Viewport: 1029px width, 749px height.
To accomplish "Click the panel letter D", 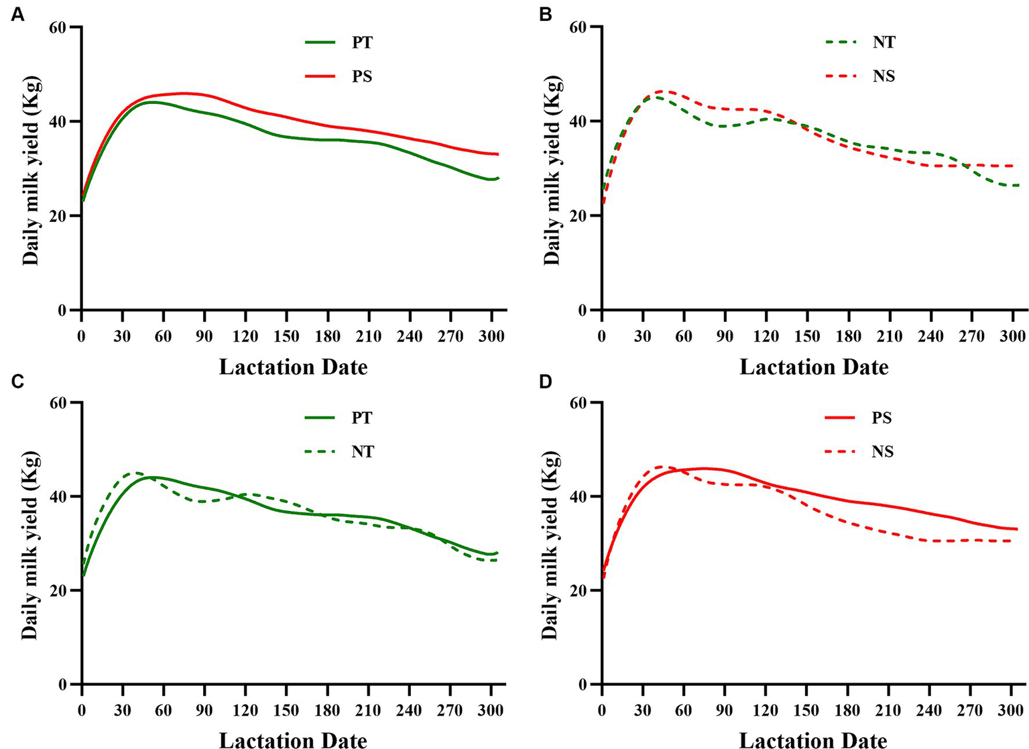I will [545, 382].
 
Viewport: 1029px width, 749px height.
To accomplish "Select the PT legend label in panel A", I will [361, 42].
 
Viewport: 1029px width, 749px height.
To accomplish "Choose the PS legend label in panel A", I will [361, 76].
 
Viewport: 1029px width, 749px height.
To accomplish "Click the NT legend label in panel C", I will [362, 452].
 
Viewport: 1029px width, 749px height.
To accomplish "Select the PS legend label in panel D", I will [882, 418].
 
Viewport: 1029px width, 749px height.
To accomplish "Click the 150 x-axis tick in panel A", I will [286, 335].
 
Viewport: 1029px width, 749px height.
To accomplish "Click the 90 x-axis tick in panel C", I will [204, 710].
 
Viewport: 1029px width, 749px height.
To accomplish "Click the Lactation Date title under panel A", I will [293, 367].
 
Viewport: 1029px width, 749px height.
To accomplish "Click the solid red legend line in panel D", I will [841, 418].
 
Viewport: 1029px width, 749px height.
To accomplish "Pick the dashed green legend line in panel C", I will [320, 452].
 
